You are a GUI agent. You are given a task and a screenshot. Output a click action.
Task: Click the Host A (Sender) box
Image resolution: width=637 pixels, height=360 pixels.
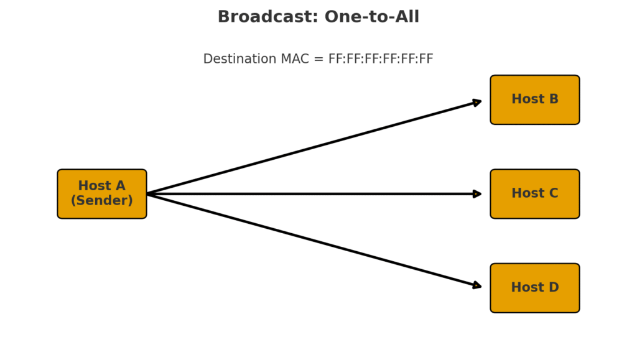pyautogui.click(x=101, y=193)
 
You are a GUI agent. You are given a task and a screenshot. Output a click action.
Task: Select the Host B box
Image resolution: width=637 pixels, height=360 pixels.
pyautogui.click(x=534, y=99)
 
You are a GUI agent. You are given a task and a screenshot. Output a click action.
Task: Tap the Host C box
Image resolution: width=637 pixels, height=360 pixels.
pyautogui.click(x=534, y=193)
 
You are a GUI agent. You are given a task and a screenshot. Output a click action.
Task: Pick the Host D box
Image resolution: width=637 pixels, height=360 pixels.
pyautogui.click(x=534, y=287)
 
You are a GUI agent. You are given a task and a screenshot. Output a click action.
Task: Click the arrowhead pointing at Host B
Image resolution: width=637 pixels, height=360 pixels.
pyautogui.click(x=477, y=102)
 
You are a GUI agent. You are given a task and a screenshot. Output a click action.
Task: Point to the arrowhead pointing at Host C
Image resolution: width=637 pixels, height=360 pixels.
pyautogui.click(x=477, y=194)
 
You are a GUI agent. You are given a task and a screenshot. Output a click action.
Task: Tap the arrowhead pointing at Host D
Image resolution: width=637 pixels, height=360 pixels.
pyautogui.click(x=477, y=285)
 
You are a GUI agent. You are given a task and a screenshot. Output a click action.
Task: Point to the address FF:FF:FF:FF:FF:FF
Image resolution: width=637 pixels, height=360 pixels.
pyautogui.click(x=381, y=59)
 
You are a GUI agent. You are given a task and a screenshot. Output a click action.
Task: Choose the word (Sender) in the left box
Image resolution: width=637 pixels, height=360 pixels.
pyautogui.click(x=101, y=201)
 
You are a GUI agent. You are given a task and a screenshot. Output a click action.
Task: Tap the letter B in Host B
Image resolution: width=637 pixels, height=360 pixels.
pyautogui.click(x=553, y=99)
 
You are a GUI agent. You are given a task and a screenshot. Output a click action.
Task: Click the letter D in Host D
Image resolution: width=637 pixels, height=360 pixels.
pyautogui.click(x=553, y=287)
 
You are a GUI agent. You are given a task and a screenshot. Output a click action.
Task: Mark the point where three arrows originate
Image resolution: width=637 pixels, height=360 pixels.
pyautogui.click(x=148, y=194)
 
